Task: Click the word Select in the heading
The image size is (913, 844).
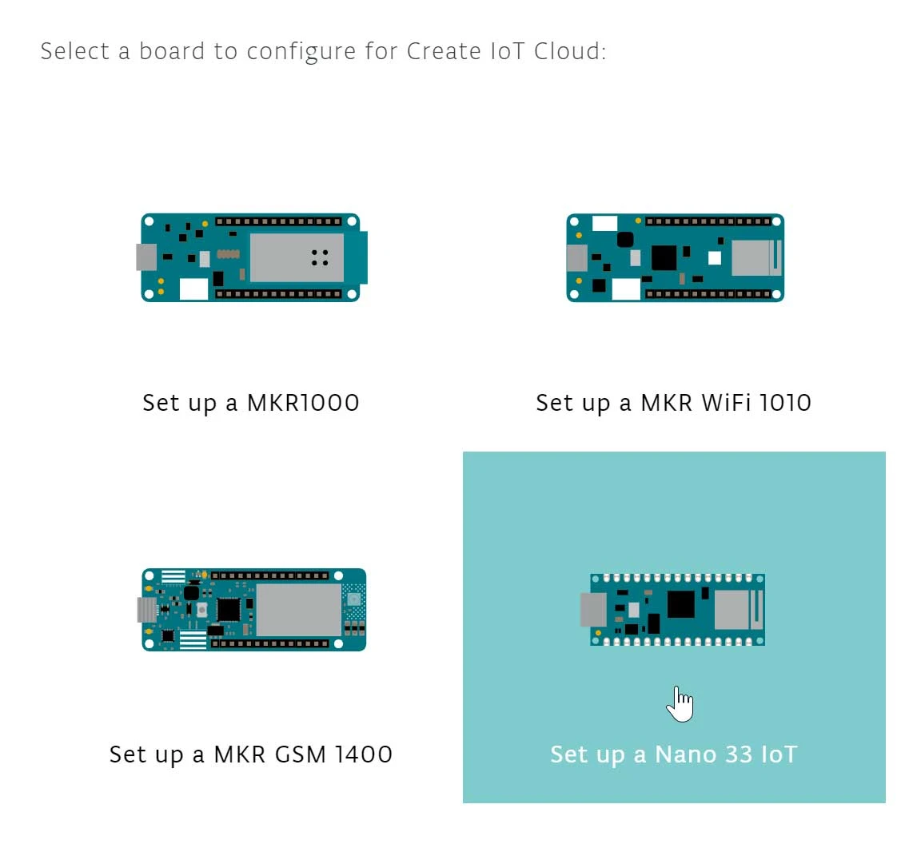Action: (76, 51)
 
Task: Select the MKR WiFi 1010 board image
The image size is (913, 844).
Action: (675, 257)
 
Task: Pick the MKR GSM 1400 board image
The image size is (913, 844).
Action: (253, 610)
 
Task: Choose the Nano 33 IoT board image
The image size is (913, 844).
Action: (677, 610)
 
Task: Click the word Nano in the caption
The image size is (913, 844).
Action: (684, 754)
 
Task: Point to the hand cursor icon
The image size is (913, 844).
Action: (680, 704)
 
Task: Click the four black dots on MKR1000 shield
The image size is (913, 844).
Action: (320, 257)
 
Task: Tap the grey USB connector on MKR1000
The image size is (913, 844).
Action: (146, 257)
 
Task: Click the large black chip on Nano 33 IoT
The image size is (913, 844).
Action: (681, 603)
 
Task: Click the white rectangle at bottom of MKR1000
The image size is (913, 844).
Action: (193, 289)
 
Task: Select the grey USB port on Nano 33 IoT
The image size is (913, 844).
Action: (592, 610)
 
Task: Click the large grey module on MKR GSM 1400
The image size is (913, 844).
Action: (297, 610)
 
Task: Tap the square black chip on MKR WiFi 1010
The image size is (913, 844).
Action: (664, 257)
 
